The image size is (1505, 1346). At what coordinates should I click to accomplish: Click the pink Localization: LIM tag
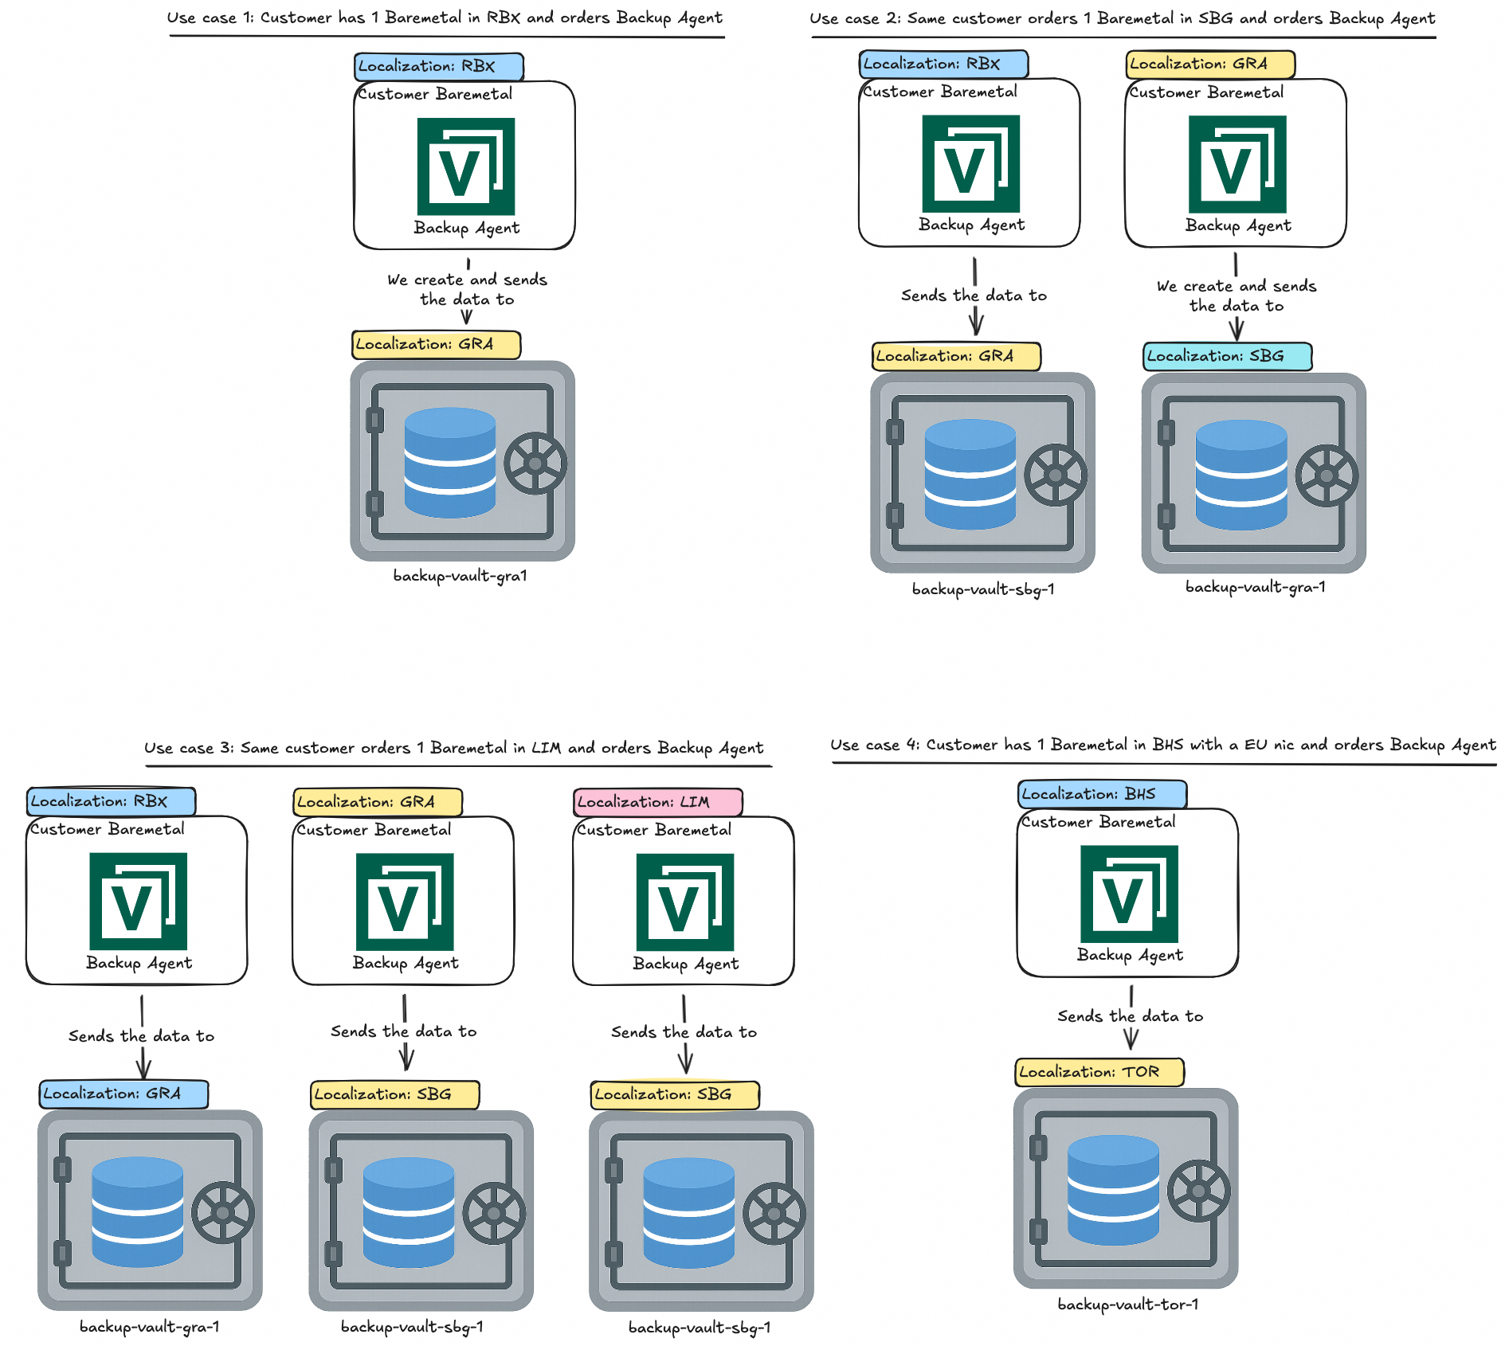(x=657, y=802)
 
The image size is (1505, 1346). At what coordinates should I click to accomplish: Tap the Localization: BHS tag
(x=1102, y=794)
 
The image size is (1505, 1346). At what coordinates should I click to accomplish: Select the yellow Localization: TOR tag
(x=1099, y=1072)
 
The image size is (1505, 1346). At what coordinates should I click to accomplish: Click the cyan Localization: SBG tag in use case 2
(x=1227, y=356)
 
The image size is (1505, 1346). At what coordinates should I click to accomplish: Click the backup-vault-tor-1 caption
(x=1127, y=1305)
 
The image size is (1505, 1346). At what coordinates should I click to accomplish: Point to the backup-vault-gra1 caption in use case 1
(x=460, y=576)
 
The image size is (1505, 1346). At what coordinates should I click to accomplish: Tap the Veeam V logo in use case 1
(x=466, y=166)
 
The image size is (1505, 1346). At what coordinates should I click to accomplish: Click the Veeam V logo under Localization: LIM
(x=684, y=902)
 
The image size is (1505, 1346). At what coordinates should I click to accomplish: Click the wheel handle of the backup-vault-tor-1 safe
(x=1198, y=1191)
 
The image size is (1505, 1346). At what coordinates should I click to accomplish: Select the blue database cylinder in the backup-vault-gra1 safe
(x=449, y=463)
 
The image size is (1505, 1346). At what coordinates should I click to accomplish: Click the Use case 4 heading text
(x=1162, y=745)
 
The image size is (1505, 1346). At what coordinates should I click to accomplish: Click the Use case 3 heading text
(x=453, y=749)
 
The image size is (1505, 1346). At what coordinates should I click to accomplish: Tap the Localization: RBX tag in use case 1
(x=438, y=67)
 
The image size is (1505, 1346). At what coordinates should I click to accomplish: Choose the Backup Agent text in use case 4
(x=1130, y=955)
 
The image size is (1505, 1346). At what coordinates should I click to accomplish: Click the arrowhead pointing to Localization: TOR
(x=1131, y=1039)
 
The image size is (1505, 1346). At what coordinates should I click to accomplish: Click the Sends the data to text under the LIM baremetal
(x=684, y=1032)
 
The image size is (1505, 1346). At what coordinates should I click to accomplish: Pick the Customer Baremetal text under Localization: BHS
(x=1098, y=822)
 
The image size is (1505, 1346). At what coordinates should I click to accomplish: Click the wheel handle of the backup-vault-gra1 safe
(x=535, y=464)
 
